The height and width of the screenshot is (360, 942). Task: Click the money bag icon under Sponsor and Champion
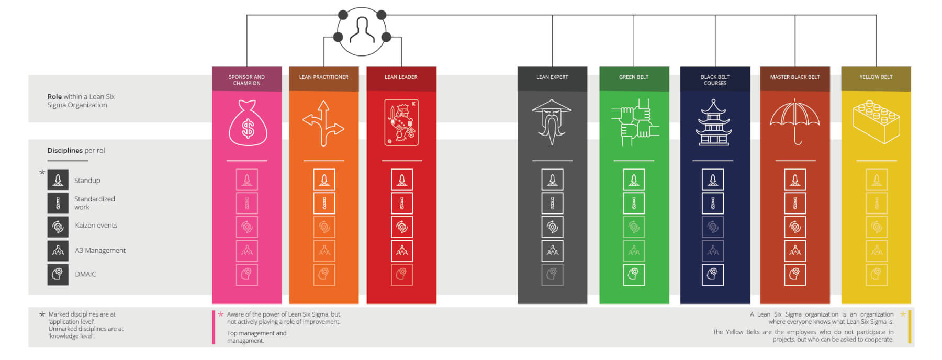248,123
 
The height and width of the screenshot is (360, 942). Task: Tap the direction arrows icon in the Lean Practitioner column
323,123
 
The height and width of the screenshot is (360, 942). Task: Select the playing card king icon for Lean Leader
401,122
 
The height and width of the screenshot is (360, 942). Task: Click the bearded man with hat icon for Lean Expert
552,122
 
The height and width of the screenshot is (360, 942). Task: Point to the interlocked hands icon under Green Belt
634,122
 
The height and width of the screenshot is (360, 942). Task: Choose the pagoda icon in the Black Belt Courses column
714,123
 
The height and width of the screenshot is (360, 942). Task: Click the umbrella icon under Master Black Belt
794,121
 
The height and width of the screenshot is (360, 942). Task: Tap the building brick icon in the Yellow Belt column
876,122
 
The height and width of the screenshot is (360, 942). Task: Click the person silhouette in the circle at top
362,30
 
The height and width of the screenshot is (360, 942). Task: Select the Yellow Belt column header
876,77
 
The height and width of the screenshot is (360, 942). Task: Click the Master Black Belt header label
794,77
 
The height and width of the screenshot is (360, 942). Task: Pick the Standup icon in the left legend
58,180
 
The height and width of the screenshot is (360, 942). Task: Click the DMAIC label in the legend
85,274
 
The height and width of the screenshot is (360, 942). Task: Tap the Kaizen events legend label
96,226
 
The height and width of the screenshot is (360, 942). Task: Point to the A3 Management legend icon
58,251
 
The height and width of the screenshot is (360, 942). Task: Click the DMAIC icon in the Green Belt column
634,274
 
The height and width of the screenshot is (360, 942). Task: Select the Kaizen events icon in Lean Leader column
402,227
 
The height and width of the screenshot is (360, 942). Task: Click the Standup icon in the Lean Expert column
552,180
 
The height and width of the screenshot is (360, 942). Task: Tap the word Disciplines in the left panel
65,151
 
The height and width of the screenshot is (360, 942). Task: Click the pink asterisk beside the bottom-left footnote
221,314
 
